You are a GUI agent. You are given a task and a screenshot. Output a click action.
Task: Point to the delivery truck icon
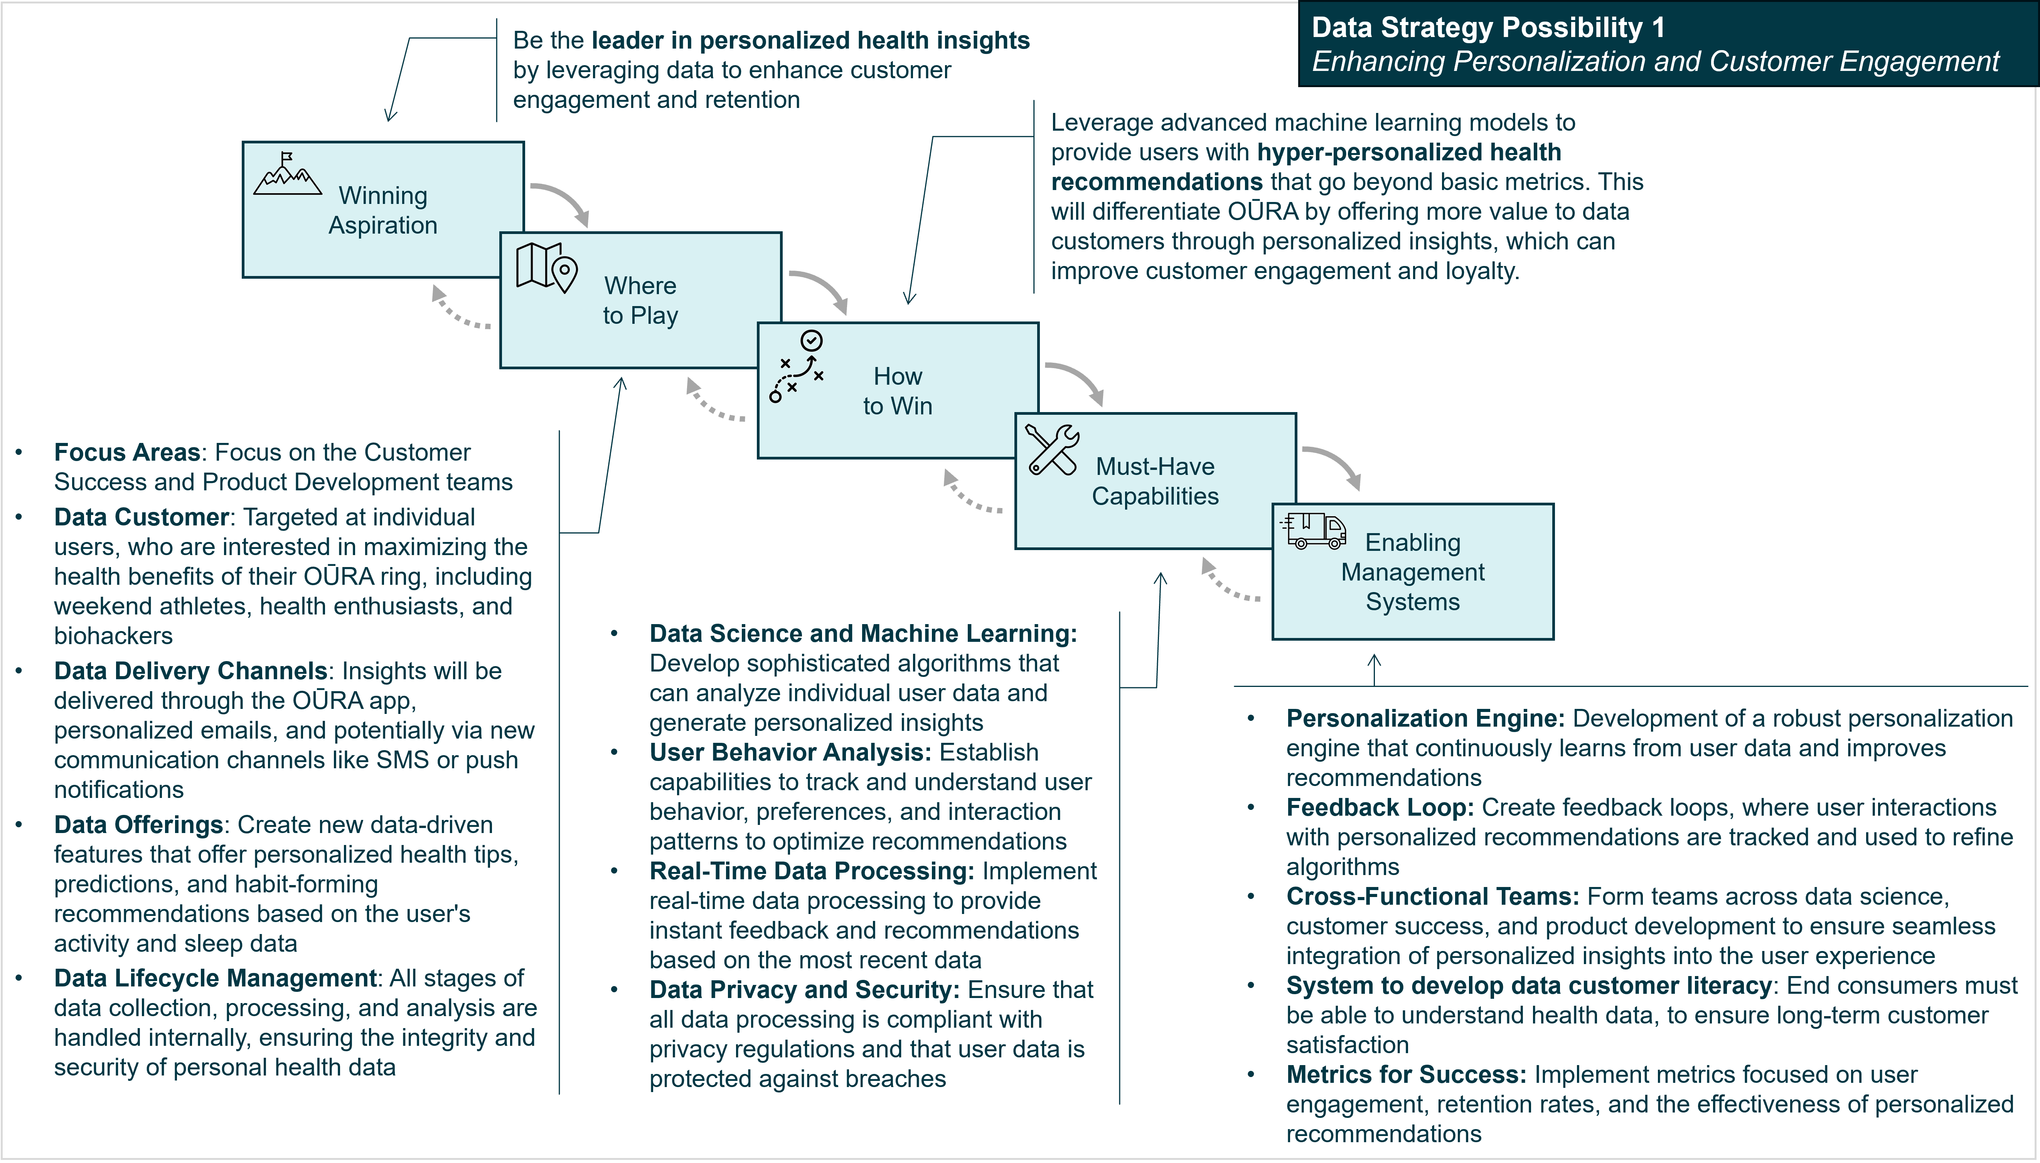click(x=1314, y=530)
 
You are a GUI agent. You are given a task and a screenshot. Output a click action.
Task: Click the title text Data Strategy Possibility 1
click(x=1488, y=28)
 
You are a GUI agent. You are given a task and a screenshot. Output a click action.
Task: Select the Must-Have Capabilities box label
click(x=1155, y=481)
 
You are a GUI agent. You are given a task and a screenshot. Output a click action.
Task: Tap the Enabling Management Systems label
click(x=1412, y=572)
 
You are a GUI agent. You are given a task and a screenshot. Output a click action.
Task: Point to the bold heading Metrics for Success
click(x=1406, y=1074)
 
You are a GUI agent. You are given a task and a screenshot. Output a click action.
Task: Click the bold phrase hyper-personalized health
click(x=1409, y=152)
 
